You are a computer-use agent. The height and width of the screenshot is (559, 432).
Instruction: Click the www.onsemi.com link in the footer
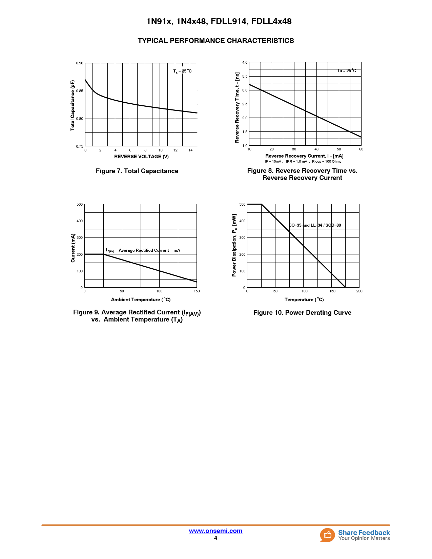tap(215, 531)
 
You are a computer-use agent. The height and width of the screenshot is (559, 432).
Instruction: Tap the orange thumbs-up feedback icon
tap(327, 535)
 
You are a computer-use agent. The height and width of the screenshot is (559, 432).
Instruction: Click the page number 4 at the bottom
tap(215, 538)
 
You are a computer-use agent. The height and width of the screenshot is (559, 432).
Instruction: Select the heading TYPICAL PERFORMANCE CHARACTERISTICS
tap(215, 41)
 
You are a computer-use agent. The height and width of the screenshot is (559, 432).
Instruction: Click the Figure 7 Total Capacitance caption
tap(137, 171)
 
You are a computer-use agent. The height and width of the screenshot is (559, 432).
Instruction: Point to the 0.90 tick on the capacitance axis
tap(80, 63)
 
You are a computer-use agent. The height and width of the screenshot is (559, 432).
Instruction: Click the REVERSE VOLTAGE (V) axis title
tap(141, 157)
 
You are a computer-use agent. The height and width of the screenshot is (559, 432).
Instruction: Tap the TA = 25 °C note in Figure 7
tap(183, 71)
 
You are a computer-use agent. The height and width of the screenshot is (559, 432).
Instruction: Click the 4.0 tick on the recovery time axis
tap(245, 63)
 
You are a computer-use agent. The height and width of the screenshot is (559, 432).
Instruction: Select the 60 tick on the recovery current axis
tap(361, 149)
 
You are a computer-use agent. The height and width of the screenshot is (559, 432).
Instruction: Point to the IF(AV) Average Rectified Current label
tap(143, 250)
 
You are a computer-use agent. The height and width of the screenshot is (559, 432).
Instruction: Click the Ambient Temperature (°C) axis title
tap(141, 299)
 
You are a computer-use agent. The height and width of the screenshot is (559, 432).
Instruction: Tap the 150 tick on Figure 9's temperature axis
tap(197, 291)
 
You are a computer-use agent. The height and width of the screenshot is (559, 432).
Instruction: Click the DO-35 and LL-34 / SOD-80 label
tap(315, 225)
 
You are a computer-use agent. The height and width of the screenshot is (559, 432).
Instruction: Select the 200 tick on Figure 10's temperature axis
tap(359, 291)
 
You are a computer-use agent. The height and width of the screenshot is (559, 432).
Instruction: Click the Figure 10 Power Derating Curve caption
tap(302, 313)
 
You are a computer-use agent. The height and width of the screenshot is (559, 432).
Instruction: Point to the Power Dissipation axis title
tap(234, 245)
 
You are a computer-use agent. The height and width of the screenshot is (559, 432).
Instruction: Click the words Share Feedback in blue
tap(364, 533)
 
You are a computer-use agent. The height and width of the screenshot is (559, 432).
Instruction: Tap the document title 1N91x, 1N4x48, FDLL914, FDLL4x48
tap(219, 21)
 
